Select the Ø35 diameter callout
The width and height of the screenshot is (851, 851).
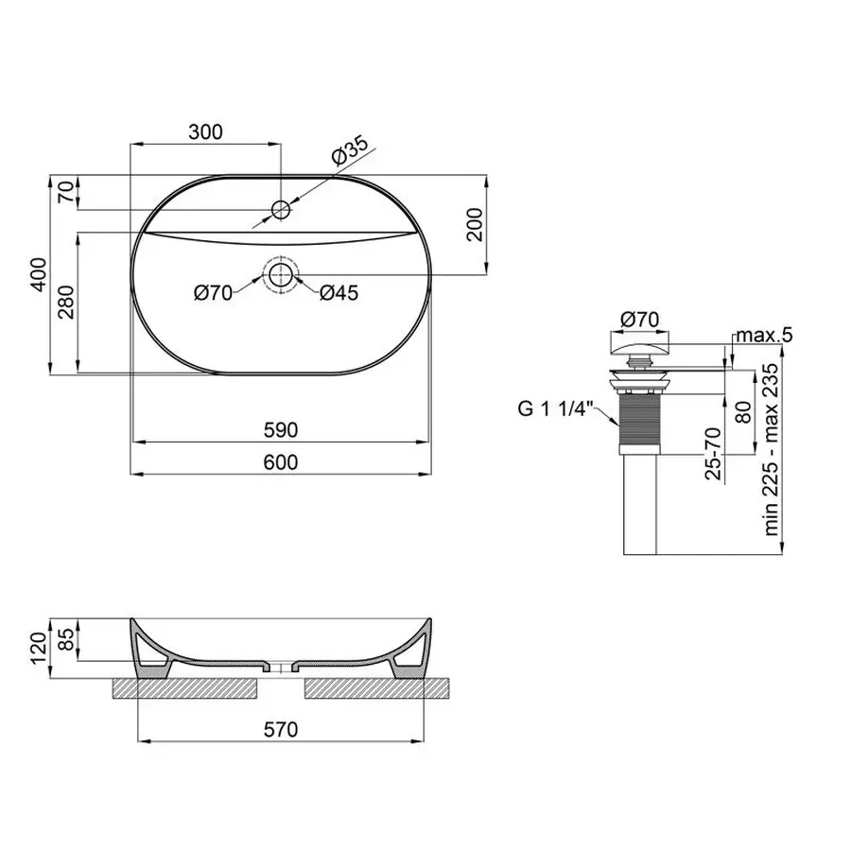pos(350,151)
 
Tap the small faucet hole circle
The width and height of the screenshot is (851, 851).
pos(281,208)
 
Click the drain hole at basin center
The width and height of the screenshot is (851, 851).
pos(281,275)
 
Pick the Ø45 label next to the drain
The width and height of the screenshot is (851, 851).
pos(339,294)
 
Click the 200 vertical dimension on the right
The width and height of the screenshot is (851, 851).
pos(476,225)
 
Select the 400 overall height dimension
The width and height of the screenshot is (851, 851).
pos(38,274)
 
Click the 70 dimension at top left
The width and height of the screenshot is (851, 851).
pos(65,192)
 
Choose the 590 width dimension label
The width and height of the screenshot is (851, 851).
pos(280,430)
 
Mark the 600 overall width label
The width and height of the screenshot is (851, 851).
pos(280,461)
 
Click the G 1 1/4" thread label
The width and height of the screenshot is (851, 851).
pos(554,408)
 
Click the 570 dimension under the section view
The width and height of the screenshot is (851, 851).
pos(281,729)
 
